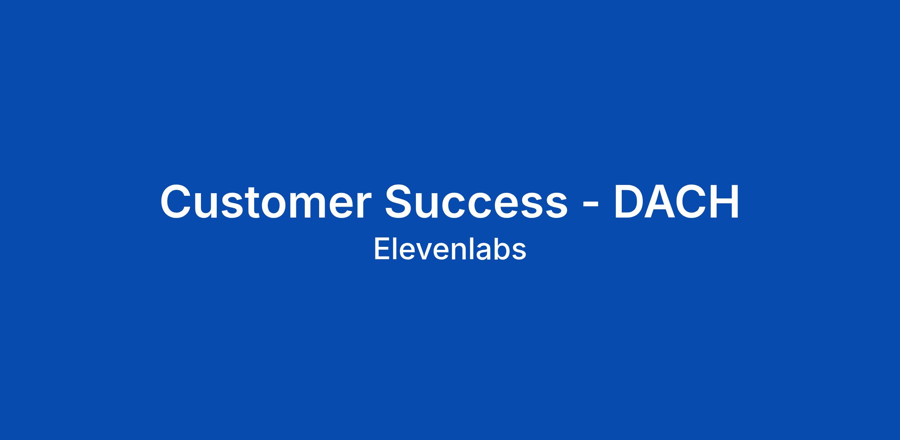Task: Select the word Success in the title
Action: click(476, 201)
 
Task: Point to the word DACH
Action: click(676, 201)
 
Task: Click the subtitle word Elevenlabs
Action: click(450, 249)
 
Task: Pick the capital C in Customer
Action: click(177, 201)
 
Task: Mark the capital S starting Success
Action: click(400, 201)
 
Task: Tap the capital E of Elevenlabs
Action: click(381, 249)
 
